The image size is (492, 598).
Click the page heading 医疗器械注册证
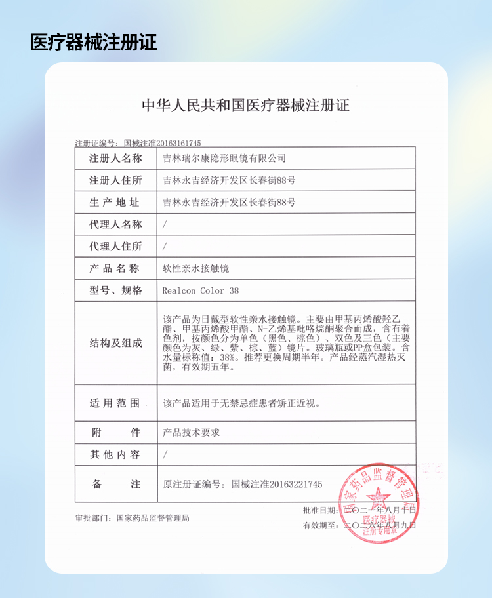click(x=94, y=43)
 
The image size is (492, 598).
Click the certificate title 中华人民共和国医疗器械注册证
click(x=246, y=106)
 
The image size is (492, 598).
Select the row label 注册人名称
click(x=115, y=158)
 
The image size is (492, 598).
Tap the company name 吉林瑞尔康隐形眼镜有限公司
click(x=224, y=159)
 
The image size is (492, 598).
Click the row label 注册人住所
click(x=115, y=180)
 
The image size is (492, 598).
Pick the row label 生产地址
click(x=115, y=202)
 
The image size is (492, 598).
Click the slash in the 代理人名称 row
click(x=165, y=224)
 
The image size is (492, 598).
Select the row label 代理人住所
click(x=115, y=247)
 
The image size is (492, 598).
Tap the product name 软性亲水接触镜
click(x=195, y=268)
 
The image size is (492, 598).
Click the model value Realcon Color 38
click(x=201, y=290)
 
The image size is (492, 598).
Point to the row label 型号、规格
click(x=115, y=290)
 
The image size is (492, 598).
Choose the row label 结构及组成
click(x=115, y=343)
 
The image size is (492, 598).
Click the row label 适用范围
click(x=115, y=403)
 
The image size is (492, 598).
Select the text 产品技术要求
click(x=191, y=433)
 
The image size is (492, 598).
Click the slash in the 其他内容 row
click(x=165, y=454)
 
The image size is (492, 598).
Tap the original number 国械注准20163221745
click(x=277, y=484)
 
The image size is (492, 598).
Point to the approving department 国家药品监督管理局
click(x=153, y=518)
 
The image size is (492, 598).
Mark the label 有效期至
click(x=320, y=525)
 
